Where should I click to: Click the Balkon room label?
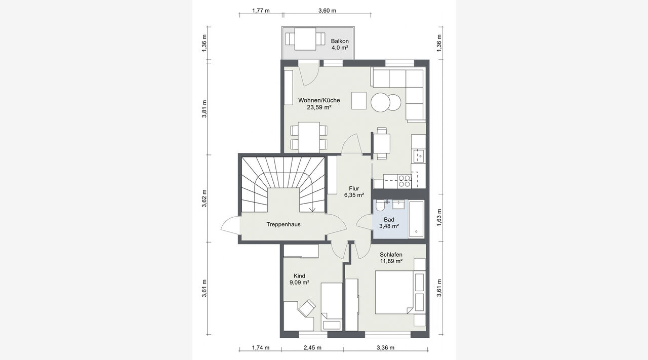340,41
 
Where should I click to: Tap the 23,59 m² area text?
319,107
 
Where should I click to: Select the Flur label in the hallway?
354,188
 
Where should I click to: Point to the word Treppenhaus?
283,224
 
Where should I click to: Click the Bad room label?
389,220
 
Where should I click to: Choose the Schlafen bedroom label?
391,255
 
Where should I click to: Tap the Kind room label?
299,276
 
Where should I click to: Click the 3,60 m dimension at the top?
327,11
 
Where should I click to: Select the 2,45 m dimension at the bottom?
312,347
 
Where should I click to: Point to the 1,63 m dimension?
439,217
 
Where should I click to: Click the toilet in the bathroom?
380,207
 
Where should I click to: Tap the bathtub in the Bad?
416,219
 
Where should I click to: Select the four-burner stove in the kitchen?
404,181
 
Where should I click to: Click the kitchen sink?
418,156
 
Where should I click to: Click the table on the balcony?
305,39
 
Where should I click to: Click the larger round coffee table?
380,102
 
